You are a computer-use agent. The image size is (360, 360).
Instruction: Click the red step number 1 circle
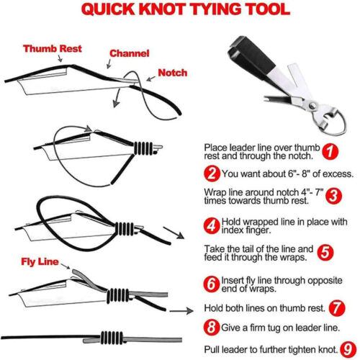coord(330,151)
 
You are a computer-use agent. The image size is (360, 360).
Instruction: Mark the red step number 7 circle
coord(337,307)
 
